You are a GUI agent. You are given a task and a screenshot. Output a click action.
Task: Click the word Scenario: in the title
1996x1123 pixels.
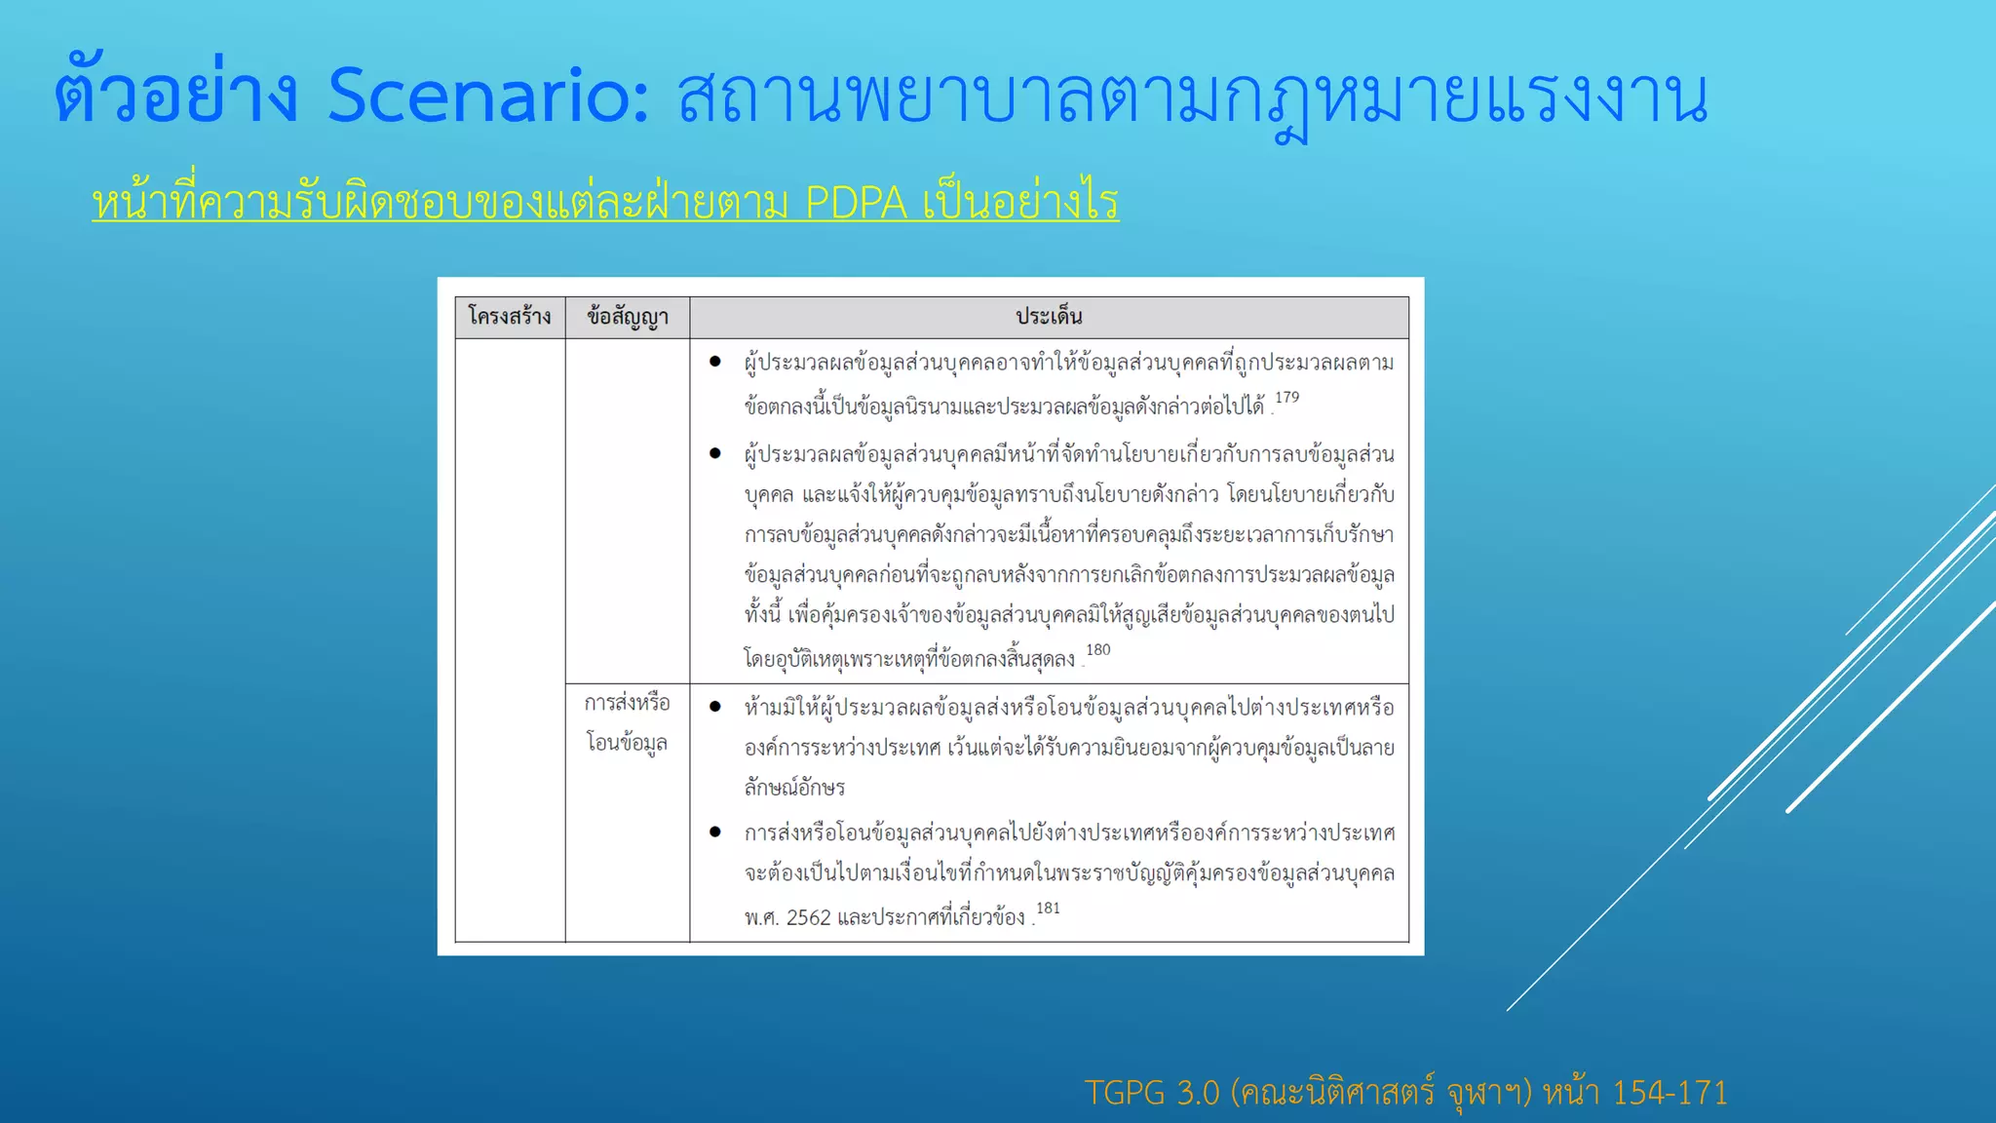487,97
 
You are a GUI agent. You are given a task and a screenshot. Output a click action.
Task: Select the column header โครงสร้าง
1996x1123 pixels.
510,317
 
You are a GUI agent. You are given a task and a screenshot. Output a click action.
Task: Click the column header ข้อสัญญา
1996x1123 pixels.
628,317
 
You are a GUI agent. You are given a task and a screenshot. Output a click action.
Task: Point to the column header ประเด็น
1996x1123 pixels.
1049,317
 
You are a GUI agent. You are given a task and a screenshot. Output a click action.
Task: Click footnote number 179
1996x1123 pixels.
1286,398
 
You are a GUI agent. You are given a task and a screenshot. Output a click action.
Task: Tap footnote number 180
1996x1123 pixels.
1097,650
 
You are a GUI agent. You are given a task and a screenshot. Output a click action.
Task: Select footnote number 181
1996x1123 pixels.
1048,909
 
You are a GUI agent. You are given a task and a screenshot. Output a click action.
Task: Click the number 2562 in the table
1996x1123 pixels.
808,918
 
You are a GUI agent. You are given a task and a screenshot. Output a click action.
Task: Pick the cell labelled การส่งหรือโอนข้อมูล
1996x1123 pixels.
628,722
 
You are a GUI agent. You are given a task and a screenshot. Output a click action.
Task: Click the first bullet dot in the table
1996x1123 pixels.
715,363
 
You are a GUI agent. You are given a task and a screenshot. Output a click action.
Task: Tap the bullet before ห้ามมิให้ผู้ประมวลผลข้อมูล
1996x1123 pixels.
715,707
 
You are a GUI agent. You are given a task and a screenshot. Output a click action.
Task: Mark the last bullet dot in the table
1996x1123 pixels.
715,833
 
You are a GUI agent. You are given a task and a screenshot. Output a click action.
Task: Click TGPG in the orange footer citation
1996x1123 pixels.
1125,1093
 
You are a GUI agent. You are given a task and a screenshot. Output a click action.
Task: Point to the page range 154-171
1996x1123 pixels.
1670,1093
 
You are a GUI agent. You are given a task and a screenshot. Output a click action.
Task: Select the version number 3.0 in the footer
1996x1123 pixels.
1198,1093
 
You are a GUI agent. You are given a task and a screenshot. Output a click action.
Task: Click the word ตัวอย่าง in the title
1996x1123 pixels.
175,97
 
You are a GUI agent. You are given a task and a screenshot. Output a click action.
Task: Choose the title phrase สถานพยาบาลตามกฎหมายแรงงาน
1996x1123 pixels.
1192,98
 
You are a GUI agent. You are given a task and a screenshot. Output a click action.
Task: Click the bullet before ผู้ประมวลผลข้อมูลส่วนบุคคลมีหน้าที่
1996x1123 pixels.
715,453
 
